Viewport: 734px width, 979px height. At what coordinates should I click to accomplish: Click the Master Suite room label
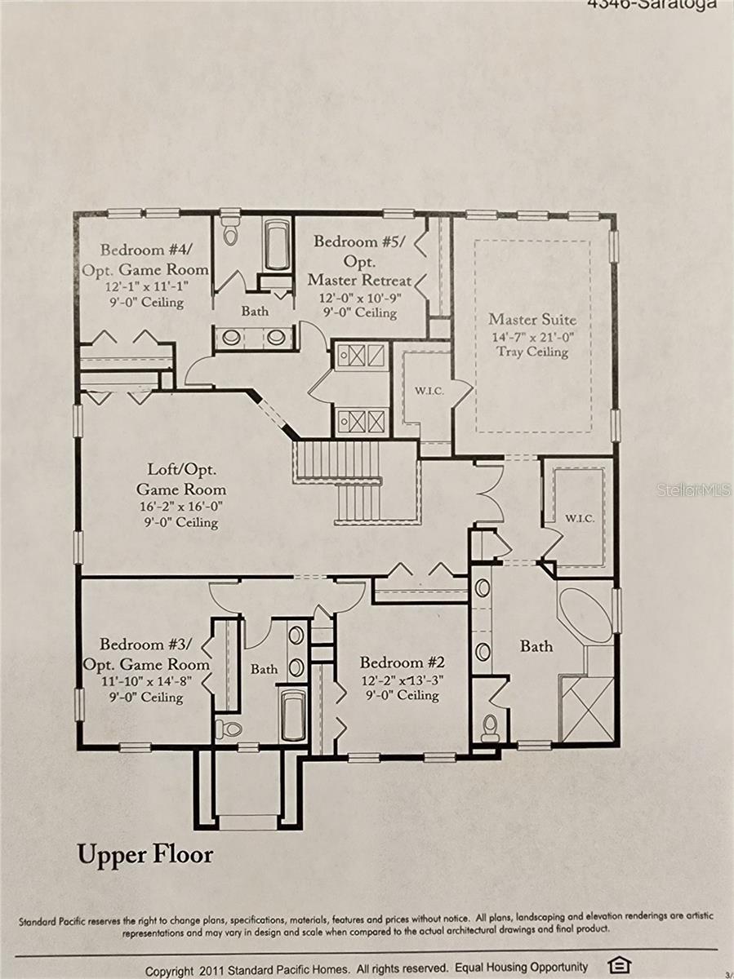pos(532,319)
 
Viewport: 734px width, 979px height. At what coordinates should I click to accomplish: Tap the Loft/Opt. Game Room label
pos(180,480)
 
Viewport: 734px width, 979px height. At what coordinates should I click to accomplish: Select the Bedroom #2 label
pos(403,662)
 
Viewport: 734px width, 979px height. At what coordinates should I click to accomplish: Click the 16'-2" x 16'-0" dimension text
pos(180,507)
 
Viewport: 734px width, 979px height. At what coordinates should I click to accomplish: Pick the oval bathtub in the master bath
pos(585,615)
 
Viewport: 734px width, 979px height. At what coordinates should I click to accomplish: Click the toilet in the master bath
pos(490,727)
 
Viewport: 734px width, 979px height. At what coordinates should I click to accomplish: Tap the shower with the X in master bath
pos(586,708)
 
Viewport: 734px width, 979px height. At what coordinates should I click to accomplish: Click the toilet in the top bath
pos(230,232)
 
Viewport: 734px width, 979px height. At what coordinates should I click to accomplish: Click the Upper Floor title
pos(145,854)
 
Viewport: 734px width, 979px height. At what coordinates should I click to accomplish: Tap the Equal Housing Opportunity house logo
pos(621,966)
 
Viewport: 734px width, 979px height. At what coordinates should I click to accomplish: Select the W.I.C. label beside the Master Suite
pos(429,391)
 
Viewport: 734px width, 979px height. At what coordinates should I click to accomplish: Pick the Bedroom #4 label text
pos(145,250)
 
